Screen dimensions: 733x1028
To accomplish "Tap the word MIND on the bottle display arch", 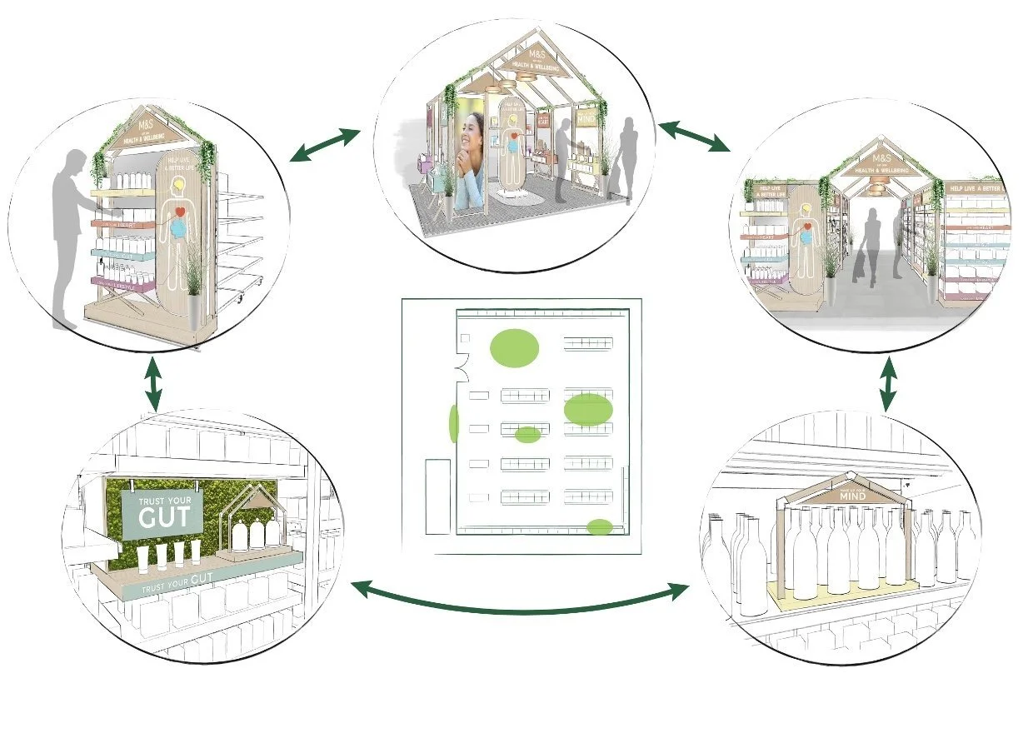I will click(x=852, y=496).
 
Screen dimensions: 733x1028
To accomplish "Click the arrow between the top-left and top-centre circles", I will click(x=324, y=145).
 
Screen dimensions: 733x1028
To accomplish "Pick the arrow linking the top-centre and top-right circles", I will click(x=693, y=136).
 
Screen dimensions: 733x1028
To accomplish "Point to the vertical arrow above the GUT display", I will click(x=153, y=382).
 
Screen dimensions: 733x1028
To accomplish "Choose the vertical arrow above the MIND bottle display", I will click(x=888, y=382).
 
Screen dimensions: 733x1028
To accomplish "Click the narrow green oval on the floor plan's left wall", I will click(x=454, y=423).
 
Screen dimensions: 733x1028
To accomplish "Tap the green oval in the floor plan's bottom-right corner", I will click(x=600, y=526).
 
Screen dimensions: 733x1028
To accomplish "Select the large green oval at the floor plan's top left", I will click(x=513, y=347).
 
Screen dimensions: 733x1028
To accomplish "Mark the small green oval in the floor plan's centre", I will click(x=527, y=434).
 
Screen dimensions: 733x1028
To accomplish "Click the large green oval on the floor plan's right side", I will click(x=588, y=410).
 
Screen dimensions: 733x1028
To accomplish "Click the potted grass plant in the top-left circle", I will click(x=194, y=283).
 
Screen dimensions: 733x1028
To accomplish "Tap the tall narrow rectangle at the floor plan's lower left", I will click(x=437, y=496).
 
